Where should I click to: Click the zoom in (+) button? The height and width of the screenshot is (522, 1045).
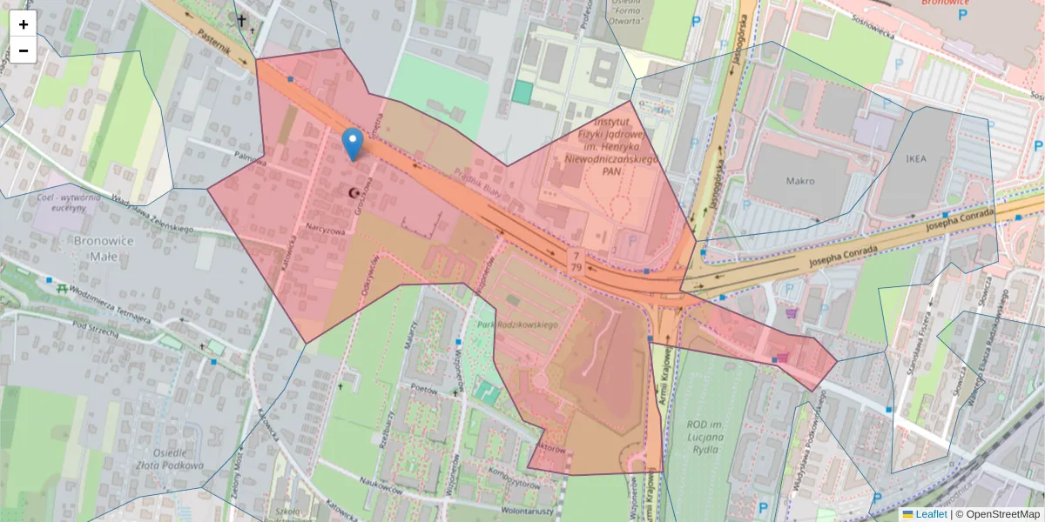point(24,24)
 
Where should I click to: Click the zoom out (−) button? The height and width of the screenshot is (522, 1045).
point(24,50)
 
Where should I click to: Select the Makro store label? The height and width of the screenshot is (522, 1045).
point(799,181)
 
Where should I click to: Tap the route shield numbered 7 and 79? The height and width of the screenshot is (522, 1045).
point(576,261)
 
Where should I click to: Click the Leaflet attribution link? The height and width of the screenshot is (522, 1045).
point(931,514)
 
